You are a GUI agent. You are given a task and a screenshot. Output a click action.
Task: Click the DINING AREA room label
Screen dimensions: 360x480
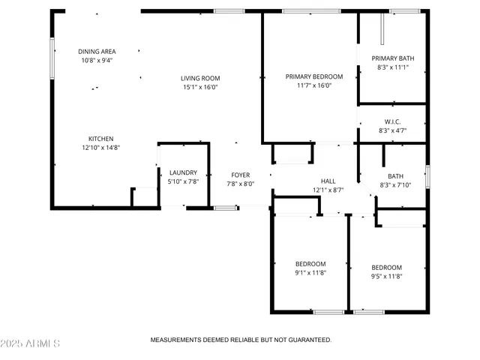(97, 52)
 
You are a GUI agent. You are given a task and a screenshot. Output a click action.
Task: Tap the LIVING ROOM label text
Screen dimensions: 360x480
(200, 78)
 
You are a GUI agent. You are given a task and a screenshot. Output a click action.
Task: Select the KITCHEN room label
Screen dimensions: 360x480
(101, 139)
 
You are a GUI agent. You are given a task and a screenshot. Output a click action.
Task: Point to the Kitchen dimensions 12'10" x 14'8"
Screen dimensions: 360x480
(101, 148)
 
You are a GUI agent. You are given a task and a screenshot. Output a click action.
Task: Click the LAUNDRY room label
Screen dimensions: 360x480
(183, 172)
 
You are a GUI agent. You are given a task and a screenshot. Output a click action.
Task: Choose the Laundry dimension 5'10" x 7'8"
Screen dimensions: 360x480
(183, 181)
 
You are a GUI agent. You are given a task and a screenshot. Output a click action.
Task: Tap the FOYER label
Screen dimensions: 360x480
(240, 175)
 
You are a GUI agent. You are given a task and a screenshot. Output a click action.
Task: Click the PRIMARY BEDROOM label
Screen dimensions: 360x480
(314, 76)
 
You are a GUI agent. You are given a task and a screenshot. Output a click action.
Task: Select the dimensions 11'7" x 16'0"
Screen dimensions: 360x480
(314, 85)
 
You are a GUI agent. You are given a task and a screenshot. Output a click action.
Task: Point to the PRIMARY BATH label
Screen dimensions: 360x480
(393, 58)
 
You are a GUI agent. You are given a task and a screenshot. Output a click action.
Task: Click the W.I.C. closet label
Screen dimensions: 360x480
(393, 121)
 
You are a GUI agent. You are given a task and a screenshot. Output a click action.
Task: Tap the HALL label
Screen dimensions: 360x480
(328, 181)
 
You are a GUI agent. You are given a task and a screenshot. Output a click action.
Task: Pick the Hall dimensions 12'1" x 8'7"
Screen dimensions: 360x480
(328, 190)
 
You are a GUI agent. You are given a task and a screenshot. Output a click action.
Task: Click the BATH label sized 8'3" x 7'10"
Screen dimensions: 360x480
(395, 176)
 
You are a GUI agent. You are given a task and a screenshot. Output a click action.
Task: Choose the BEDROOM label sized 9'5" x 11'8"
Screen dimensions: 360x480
(387, 268)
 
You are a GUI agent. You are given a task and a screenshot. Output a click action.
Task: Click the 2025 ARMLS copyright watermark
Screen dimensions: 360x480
(31, 343)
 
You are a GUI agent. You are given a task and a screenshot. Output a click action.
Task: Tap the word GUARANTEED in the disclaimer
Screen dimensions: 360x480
(304, 340)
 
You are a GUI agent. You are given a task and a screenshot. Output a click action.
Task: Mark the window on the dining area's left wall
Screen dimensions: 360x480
(52, 58)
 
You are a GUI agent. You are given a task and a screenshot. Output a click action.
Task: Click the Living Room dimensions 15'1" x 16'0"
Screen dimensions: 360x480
(200, 87)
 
